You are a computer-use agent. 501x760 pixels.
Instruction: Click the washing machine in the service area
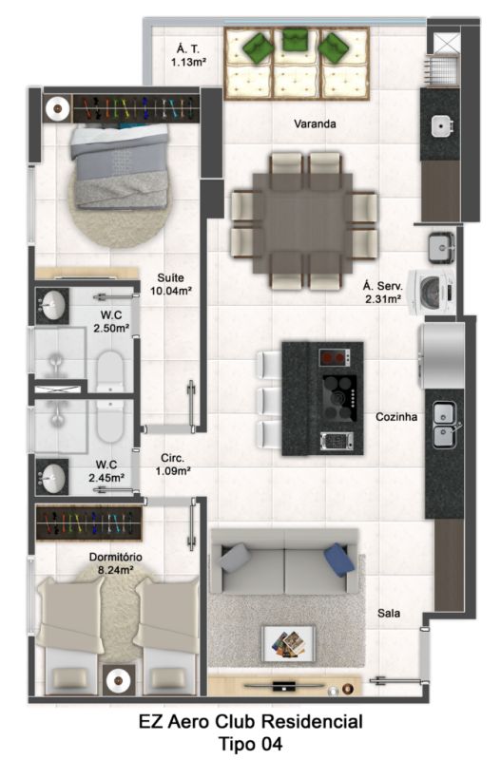pyautogui.click(x=432, y=293)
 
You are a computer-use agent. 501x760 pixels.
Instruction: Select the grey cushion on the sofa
pyautogui.click(x=235, y=558)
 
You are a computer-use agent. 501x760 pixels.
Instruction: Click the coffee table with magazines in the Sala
pyautogui.click(x=289, y=643)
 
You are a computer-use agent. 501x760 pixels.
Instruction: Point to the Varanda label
pyautogui.click(x=315, y=124)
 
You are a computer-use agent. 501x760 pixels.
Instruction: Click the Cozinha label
pyautogui.click(x=396, y=417)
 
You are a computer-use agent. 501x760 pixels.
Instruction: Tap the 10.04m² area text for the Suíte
pyautogui.click(x=171, y=291)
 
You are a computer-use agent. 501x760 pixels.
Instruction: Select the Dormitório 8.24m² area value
pyautogui.click(x=115, y=570)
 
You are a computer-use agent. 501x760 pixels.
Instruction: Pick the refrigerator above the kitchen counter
pyautogui.click(x=441, y=355)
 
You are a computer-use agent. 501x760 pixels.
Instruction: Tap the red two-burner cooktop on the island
pyautogui.click(x=335, y=358)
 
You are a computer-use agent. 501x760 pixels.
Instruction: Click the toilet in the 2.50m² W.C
pyautogui.click(x=109, y=370)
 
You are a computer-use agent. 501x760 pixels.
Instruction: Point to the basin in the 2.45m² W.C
pyautogui.click(x=52, y=477)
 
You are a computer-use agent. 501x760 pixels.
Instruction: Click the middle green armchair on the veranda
pyautogui.click(x=295, y=39)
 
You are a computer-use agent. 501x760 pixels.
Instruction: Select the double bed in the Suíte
pyautogui.click(x=120, y=166)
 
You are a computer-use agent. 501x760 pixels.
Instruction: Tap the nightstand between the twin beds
pyautogui.click(x=117, y=680)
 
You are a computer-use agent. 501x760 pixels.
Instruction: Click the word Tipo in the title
pyautogui.click(x=237, y=744)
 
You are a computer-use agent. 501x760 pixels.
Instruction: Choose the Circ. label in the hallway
pyautogui.click(x=173, y=458)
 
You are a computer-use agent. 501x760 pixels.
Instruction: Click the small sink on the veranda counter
pyautogui.click(x=441, y=126)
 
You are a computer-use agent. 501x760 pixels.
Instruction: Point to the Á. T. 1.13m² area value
pyautogui.click(x=188, y=62)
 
